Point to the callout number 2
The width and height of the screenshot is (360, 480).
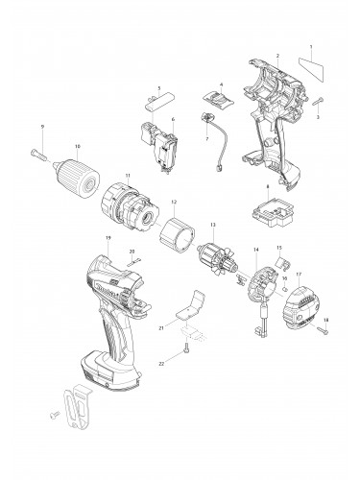(x=277, y=57)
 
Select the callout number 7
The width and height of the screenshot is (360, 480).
(x=206, y=139)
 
